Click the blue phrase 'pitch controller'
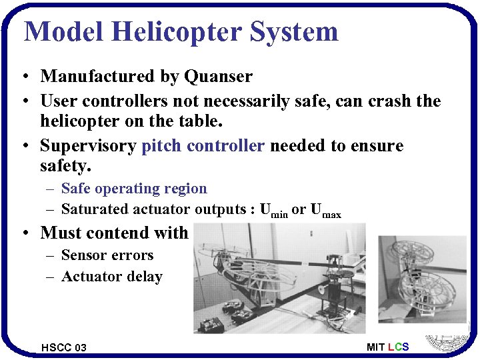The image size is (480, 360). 203,145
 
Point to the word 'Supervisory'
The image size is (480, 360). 89,145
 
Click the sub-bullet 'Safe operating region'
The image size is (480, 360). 134,189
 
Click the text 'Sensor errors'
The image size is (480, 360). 107,255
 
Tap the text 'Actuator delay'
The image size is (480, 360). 112,277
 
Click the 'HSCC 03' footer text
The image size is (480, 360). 63,347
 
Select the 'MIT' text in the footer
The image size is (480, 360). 375,347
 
